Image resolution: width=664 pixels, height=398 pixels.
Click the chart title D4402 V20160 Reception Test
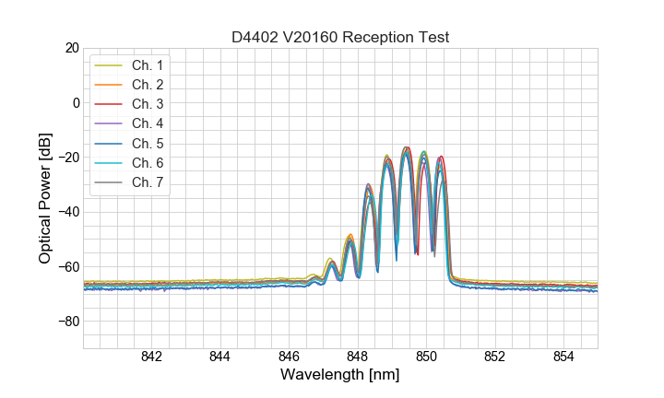click(340, 38)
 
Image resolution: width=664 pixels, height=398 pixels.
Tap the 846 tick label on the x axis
click(289, 357)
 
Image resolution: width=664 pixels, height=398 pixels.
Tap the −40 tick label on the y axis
click(67, 212)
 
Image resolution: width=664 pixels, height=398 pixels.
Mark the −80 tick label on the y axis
click(67, 322)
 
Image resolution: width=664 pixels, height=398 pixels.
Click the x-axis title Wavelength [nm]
click(340, 375)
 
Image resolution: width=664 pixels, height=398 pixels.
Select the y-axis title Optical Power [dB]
click(45, 198)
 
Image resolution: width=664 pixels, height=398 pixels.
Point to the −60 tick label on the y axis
click(67, 267)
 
